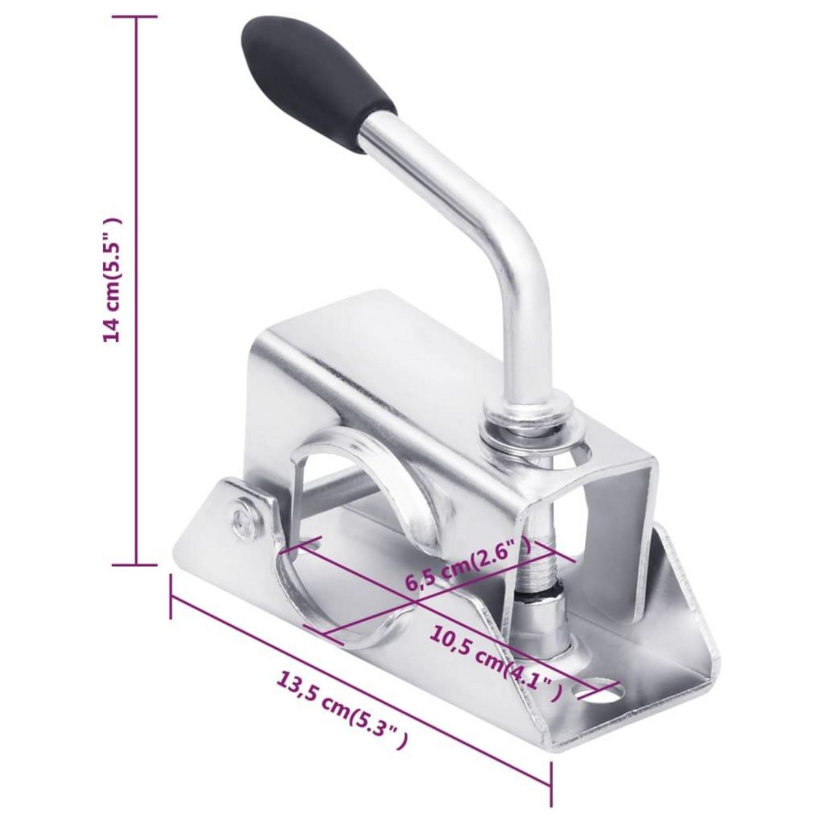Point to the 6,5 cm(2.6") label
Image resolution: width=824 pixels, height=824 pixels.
[468, 564]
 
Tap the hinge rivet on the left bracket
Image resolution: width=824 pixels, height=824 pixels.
[242, 515]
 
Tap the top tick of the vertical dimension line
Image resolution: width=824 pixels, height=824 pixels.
[135, 17]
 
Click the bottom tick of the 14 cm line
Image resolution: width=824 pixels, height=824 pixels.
[135, 565]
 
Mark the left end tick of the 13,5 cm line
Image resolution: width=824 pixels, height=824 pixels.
[170, 597]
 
